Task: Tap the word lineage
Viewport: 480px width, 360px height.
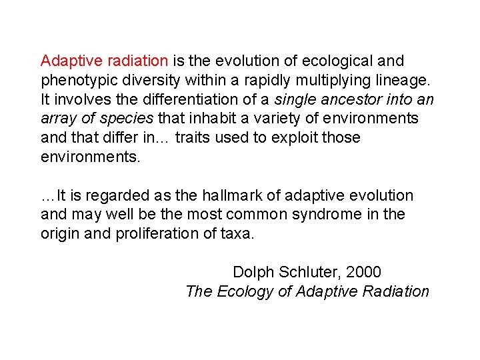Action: tap(404, 81)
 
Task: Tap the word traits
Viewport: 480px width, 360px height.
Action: tap(197, 138)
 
